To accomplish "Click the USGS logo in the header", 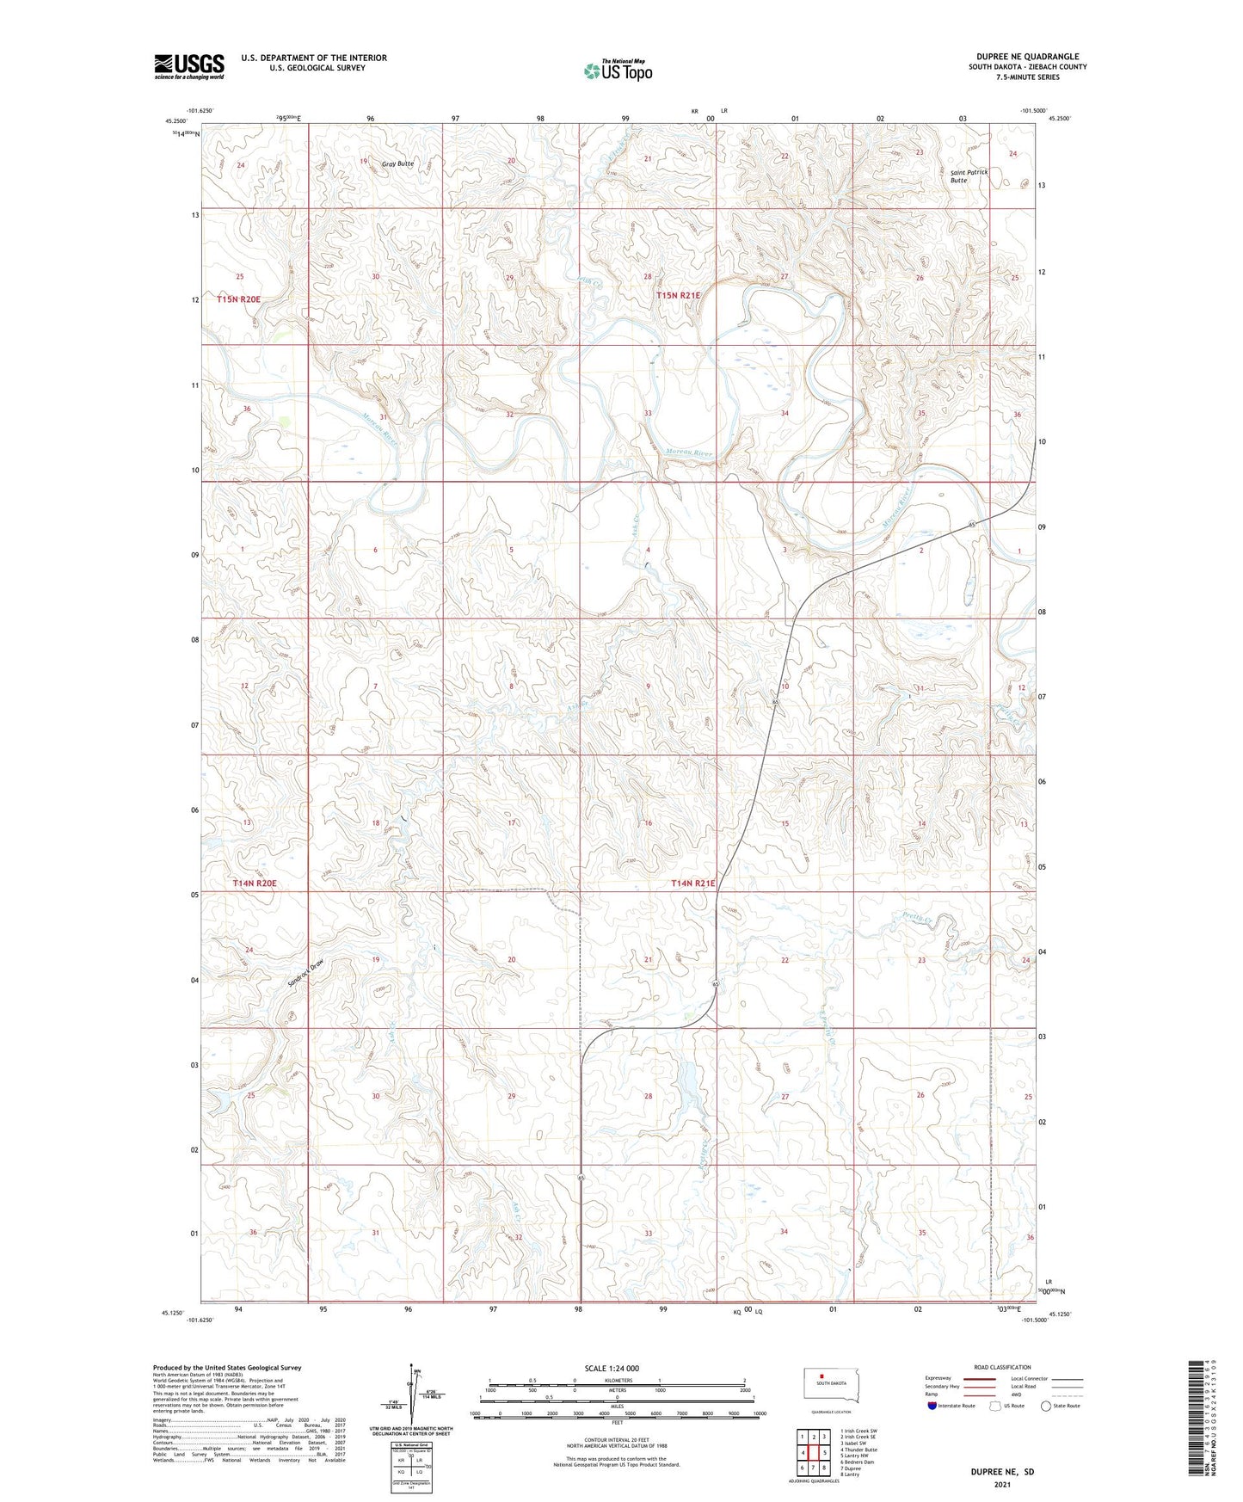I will tap(188, 66).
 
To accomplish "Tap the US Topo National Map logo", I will tap(617, 71).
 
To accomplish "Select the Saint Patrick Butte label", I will tap(969, 176).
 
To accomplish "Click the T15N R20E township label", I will tap(238, 299).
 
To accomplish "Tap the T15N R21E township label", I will tap(678, 295).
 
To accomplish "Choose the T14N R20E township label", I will tap(255, 883).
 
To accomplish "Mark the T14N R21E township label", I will tap(692, 883).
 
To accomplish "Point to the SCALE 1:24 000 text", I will tap(612, 1369).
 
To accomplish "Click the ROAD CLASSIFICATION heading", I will tap(1002, 1367).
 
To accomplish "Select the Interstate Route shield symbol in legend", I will tap(932, 1406).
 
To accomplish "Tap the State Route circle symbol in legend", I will tap(1046, 1406).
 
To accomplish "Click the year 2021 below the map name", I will tap(1002, 1485).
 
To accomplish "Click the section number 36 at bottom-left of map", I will tap(253, 1233).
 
